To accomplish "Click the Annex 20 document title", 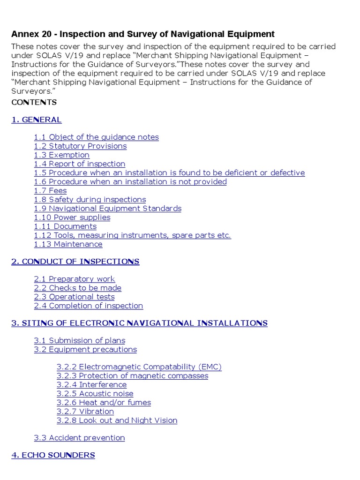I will tap(142, 34).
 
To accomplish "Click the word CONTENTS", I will tap(34, 102).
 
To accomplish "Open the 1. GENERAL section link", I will tap(37, 120).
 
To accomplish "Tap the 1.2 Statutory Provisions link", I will tap(80, 146).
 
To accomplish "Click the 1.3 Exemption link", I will tap(61, 155).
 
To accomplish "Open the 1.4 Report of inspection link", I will tap(79, 164).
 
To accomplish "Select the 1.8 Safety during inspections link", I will tap(90, 199).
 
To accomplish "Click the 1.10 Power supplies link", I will tap(72, 217).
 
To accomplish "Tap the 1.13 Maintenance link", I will tap(68, 244).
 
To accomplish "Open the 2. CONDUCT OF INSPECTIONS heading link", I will tap(75, 262).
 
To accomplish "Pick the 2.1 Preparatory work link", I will tap(74, 279).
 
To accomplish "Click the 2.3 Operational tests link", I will tap(74, 297).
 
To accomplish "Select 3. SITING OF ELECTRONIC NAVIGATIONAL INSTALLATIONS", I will tap(139, 323).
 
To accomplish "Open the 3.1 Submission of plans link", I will tap(79, 340).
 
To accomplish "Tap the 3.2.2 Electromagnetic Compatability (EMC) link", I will tap(139, 367).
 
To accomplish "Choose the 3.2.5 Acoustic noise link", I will tap(95, 393).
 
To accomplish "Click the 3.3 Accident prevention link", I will tap(79, 438).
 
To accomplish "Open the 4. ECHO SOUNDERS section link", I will tap(53, 455).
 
